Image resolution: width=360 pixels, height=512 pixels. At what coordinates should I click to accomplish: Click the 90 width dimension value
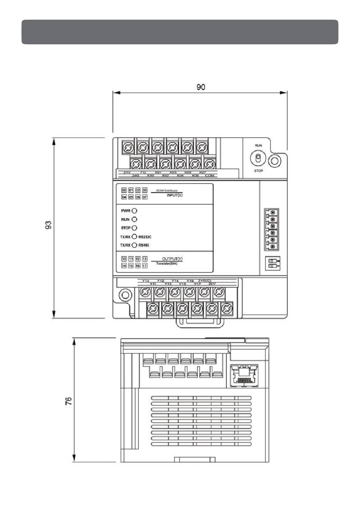200,87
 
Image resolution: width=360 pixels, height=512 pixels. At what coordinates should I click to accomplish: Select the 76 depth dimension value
69,401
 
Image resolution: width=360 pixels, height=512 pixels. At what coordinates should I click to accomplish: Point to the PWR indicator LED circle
134,211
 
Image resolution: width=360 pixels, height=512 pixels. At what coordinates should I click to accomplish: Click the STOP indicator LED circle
134,228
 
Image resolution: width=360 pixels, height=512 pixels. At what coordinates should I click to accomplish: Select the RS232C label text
145,237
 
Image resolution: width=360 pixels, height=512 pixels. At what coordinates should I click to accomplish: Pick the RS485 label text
144,245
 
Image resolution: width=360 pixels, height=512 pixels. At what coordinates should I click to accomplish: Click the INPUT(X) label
175,195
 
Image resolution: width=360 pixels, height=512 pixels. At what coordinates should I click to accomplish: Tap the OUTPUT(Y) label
172,259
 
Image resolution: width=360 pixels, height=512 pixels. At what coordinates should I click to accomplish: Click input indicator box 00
124,190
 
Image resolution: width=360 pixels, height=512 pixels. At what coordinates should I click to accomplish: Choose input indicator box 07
144,197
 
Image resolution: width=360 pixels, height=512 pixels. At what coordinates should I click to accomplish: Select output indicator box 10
124,259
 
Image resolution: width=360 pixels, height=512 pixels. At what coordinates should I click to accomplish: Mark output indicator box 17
144,266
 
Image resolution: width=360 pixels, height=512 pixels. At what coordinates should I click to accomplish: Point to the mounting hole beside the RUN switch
274,161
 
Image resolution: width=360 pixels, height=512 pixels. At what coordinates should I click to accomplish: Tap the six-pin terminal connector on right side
272,230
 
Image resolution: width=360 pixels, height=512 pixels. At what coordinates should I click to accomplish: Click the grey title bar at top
180,32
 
